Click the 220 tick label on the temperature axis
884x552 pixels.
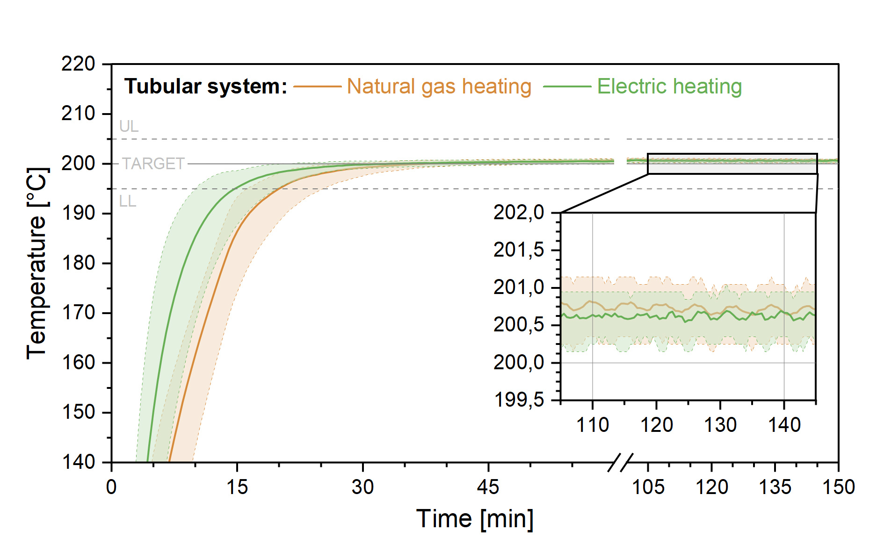78,64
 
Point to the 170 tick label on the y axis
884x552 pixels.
78,313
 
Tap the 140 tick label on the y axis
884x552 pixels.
78,462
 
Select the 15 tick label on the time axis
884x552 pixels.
237,487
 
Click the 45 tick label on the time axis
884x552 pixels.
488,487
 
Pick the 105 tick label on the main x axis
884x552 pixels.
648,487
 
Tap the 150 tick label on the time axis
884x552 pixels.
838,487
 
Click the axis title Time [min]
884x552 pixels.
475,519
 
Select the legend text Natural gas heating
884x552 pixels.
439,86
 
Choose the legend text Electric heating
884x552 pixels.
669,86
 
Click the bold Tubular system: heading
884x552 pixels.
206,86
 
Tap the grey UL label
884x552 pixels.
129,126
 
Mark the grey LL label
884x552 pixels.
127,201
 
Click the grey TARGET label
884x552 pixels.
153,164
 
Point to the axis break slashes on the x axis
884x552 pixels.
620,462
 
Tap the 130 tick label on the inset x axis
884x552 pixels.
720,425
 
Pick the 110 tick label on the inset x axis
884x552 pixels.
593,425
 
